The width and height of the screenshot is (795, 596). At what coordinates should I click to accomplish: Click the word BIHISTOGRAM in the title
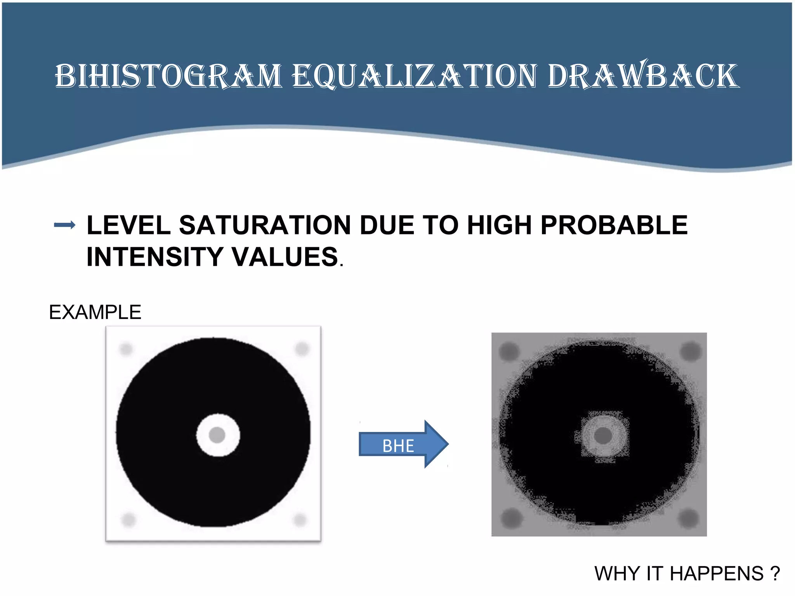pyautogui.click(x=168, y=76)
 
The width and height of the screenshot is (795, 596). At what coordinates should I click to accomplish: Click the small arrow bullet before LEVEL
pyautogui.click(x=64, y=225)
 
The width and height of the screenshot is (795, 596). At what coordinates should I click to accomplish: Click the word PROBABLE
pyautogui.click(x=614, y=225)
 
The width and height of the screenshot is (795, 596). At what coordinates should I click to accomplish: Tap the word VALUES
pyautogui.click(x=285, y=257)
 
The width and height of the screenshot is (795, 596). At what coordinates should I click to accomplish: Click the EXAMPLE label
pyautogui.click(x=95, y=312)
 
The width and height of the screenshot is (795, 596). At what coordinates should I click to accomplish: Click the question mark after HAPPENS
pyautogui.click(x=775, y=573)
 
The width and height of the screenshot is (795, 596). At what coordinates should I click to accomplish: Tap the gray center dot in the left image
pyautogui.click(x=217, y=435)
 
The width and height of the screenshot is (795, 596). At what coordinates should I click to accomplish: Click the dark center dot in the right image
pyautogui.click(x=603, y=435)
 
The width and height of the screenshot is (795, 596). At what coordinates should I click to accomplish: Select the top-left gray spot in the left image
pyautogui.click(x=126, y=349)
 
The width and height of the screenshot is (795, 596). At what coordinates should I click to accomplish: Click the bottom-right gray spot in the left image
pyautogui.click(x=300, y=520)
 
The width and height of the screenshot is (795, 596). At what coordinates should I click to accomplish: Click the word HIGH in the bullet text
pyautogui.click(x=499, y=225)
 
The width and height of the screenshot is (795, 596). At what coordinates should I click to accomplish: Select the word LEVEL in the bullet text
pyautogui.click(x=128, y=225)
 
